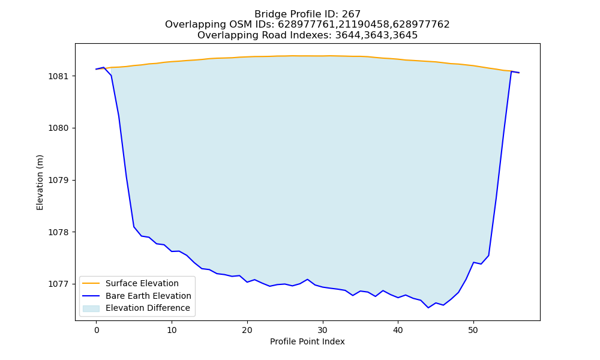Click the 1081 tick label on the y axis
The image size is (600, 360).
tap(59, 76)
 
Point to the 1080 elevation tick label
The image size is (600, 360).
tap(59, 128)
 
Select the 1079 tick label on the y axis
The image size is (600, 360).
tap(59, 180)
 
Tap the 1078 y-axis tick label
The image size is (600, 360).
tap(59, 232)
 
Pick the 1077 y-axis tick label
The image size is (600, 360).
tap(59, 284)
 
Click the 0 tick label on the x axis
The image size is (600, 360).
tap(97, 330)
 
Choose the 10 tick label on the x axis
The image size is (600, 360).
tap(172, 330)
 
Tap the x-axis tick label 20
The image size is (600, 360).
tap(247, 330)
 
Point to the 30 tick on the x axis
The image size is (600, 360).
tap(323, 330)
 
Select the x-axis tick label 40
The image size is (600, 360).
tap(398, 330)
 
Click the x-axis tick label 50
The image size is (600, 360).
tap(473, 330)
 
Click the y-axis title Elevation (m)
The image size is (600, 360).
tap(40, 182)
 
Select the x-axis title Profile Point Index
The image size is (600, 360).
tap(307, 341)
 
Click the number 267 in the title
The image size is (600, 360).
tap(351, 14)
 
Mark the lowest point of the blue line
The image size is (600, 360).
tap(428, 308)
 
